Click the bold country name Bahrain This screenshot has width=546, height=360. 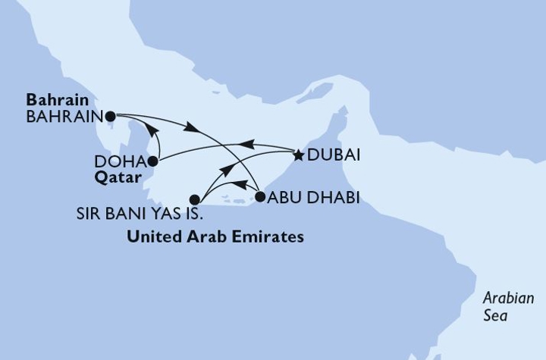(x=57, y=100)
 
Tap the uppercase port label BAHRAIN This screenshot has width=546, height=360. (x=62, y=117)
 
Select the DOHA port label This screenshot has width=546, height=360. (x=120, y=161)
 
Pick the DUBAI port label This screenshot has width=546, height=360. (x=333, y=156)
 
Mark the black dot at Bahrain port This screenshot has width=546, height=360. (x=111, y=117)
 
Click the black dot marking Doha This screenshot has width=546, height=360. (x=153, y=161)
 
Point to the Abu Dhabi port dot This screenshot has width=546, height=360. (x=260, y=197)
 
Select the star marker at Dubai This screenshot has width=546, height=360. (x=299, y=156)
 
